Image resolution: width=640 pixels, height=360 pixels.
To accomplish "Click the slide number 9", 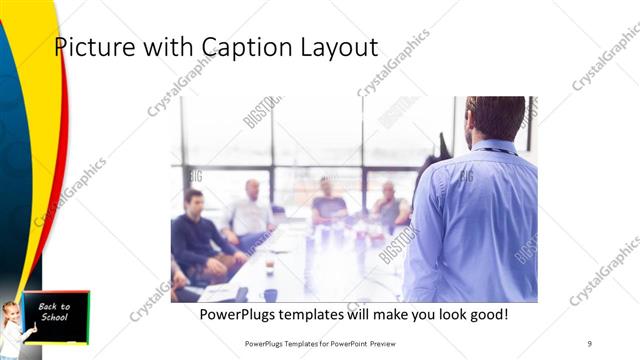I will pyautogui.click(x=589, y=343).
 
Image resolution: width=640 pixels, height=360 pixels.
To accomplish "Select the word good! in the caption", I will pyautogui.click(x=485, y=314).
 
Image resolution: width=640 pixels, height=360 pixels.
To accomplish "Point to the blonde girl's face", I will pyautogui.click(x=13, y=312).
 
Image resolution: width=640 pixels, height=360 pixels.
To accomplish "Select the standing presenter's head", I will pyautogui.click(x=496, y=117).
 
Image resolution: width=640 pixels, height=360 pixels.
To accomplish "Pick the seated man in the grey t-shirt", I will pyautogui.click(x=328, y=206).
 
